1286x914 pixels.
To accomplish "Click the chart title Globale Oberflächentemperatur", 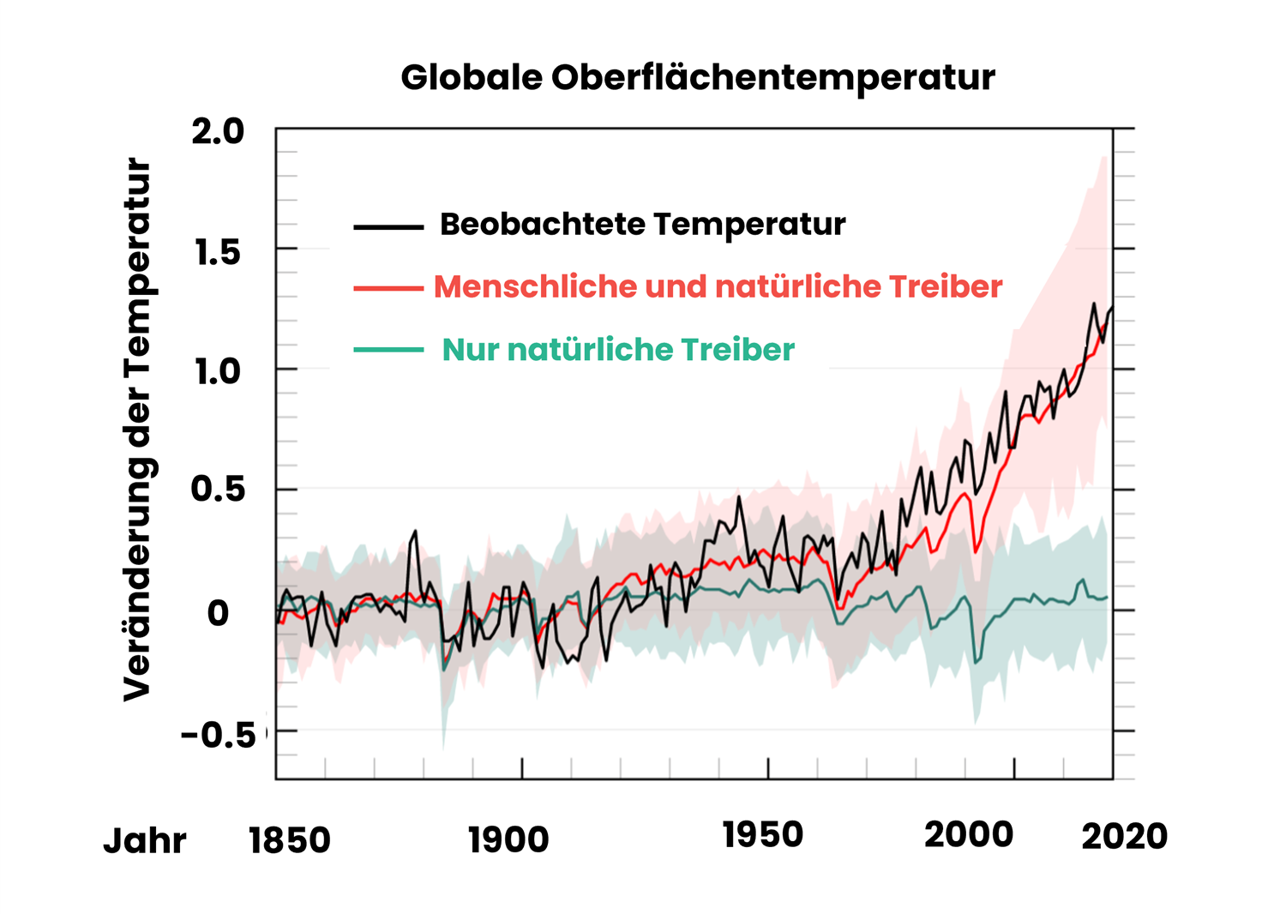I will click(698, 78).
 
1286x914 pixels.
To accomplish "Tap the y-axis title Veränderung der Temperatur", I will click(138, 429).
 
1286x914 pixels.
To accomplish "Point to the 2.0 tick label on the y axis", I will click(218, 131).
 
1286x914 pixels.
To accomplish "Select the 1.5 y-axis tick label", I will click(218, 252).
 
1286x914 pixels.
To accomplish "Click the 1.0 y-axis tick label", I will click(218, 372).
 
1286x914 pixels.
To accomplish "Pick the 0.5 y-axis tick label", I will click(218, 489).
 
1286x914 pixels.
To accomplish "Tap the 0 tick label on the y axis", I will click(218, 613).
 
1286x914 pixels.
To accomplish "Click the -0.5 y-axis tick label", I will click(219, 735).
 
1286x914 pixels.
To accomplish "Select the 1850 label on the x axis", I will click(290, 840).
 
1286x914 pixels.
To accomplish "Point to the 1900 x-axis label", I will click(508, 840).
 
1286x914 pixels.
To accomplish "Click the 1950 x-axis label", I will click(762, 835).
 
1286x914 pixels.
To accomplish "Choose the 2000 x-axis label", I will click(969, 834).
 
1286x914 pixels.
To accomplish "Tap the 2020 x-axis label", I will click(1124, 837).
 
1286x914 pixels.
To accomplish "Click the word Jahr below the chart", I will click(144, 841).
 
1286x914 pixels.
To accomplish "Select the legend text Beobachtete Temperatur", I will click(642, 225).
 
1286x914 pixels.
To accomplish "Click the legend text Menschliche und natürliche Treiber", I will click(718, 286).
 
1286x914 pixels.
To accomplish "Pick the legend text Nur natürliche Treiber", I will click(618, 350).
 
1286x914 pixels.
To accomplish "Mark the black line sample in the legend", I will click(388, 227).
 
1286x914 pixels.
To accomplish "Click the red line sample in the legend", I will click(388, 289).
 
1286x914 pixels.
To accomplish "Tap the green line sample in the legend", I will click(388, 350).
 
